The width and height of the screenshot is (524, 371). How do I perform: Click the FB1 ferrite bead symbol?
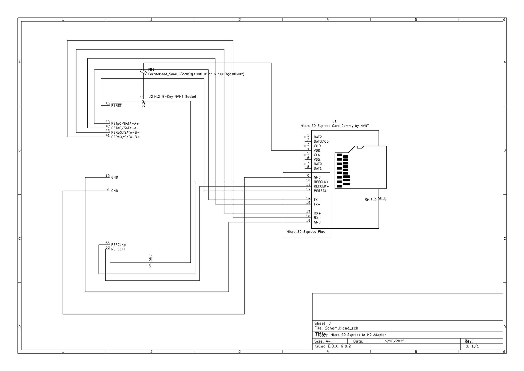pyautogui.click(x=143, y=72)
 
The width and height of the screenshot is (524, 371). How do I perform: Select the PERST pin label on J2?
pyautogui.click(x=116, y=106)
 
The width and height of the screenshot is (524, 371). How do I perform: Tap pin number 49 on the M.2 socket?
pyautogui.click(x=108, y=122)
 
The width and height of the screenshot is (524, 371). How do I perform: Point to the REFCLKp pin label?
pyautogui.click(x=118, y=245)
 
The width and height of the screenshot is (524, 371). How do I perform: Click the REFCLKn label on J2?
pyautogui.click(x=118, y=249)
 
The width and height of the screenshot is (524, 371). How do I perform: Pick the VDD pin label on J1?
pyautogui.click(x=317, y=151)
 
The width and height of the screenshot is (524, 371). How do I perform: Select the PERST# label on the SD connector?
pyautogui.click(x=320, y=191)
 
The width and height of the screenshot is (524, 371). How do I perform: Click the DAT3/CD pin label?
pyautogui.click(x=321, y=142)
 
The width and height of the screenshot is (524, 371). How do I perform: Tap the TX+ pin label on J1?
pyautogui.click(x=317, y=200)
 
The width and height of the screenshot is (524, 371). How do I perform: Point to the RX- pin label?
pyautogui.click(x=317, y=218)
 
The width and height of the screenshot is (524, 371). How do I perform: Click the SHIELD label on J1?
pyautogui.click(x=371, y=200)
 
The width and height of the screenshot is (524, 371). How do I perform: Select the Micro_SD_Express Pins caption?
pyautogui.click(x=306, y=232)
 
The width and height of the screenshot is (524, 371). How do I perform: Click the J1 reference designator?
pyautogui.click(x=335, y=121)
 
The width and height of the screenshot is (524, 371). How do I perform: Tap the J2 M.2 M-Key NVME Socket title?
pyautogui.click(x=172, y=97)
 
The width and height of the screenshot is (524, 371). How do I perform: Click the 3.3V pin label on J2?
pyautogui.click(x=144, y=104)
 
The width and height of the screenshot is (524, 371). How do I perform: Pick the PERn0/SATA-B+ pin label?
pyautogui.click(x=125, y=137)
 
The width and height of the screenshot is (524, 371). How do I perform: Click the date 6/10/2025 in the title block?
pyautogui.click(x=394, y=341)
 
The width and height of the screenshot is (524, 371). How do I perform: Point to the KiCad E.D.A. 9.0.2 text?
pyautogui.click(x=332, y=346)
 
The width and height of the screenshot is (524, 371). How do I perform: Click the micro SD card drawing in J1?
pyautogui.click(x=360, y=167)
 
